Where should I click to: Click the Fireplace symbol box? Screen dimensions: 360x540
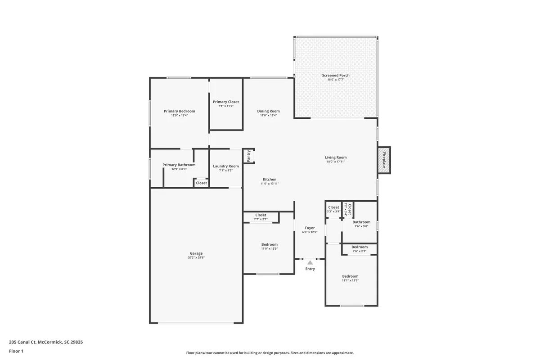[384, 160]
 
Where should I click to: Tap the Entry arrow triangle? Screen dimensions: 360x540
[310, 262]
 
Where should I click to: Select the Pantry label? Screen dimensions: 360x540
[248, 156]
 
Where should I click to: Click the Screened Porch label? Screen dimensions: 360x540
[336, 75]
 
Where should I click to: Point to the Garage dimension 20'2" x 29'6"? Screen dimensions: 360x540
[196, 258]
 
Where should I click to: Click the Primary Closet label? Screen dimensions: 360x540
[226, 102]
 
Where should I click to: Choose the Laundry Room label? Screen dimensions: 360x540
[226, 166]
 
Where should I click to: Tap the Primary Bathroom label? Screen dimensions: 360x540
[179, 165]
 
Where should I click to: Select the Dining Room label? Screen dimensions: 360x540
[269, 111]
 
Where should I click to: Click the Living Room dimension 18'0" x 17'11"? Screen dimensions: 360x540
[336, 162]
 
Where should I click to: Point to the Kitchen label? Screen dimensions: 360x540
[270, 179]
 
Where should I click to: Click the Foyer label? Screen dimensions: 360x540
[310, 228]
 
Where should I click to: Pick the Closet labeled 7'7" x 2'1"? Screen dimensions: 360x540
[261, 215]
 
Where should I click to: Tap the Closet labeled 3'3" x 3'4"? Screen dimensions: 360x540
[333, 207]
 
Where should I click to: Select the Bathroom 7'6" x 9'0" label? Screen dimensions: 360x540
[361, 222]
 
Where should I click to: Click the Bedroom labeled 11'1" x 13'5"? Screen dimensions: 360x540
[350, 276]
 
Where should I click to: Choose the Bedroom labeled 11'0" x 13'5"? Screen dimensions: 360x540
[270, 244]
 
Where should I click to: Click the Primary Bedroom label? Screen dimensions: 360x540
[179, 111]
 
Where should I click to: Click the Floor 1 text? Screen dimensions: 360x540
[16, 351]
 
